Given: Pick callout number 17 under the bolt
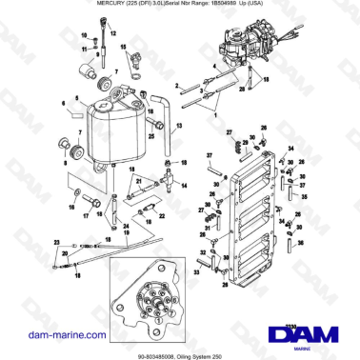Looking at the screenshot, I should [86, 216].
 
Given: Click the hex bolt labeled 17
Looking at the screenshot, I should [89, 201].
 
